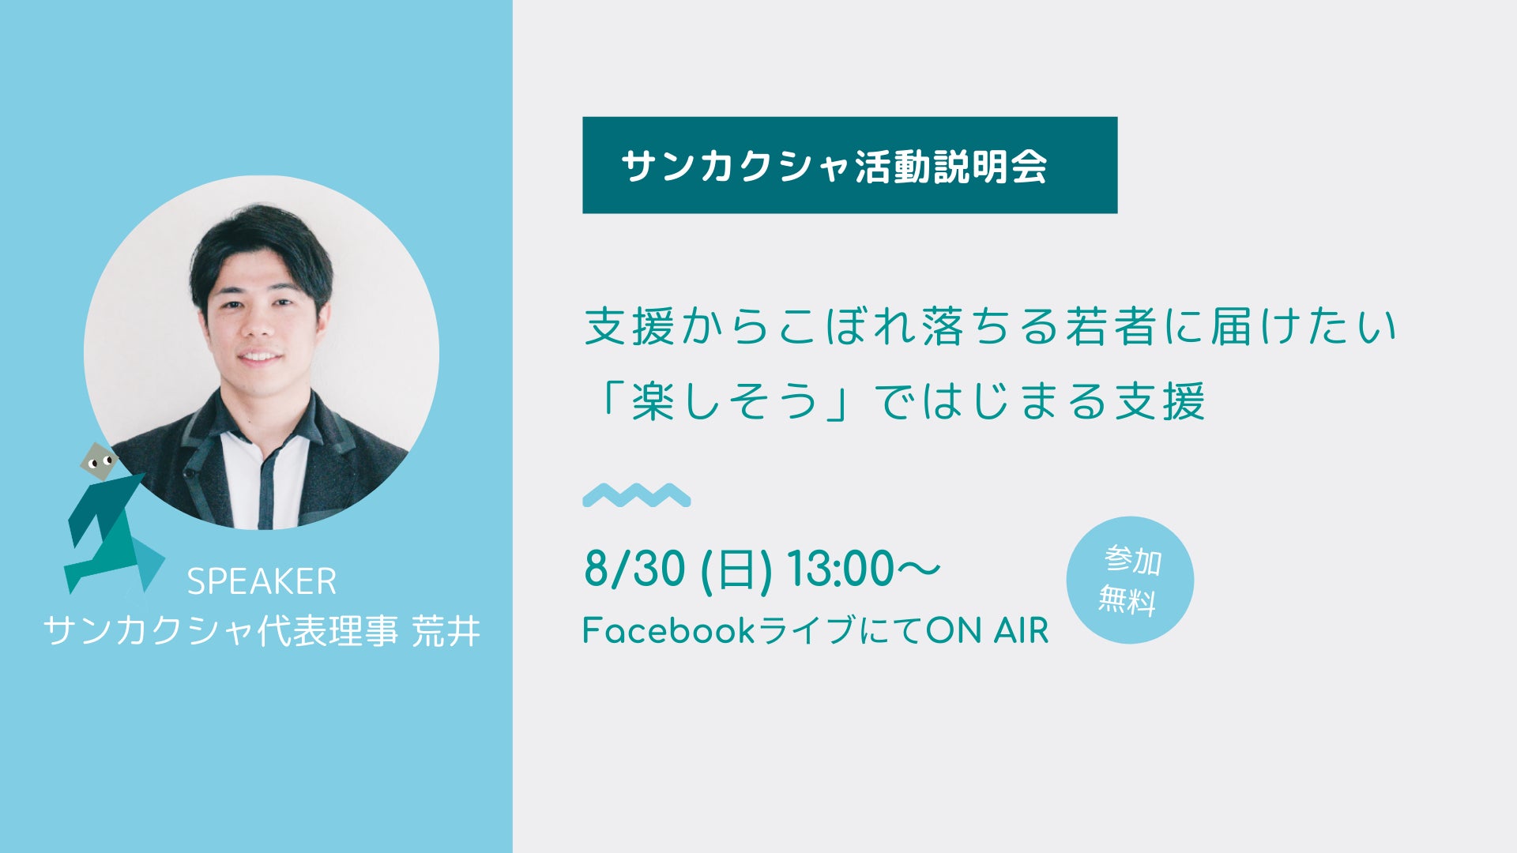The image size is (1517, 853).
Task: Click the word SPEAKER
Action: (x=262, y=582)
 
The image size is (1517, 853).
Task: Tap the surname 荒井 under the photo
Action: (x=446, y=631)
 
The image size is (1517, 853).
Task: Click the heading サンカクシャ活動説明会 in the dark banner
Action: (x=834, y=166)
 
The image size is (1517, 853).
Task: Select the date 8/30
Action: (x=634, y=569)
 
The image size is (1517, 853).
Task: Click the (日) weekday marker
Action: (x=736, y=569)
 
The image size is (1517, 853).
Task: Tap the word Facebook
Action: (x=668, y=630)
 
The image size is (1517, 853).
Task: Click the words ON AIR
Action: (x=987, y=630)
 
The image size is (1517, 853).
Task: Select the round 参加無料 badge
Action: (x=1130, y=580)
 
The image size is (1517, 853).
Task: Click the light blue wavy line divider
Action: (x=637, y=495)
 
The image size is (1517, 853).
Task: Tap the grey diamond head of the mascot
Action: (x=98, y=462)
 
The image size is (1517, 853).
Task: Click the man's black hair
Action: (x=261, y=245)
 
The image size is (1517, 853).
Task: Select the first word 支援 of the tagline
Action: (x=629, y=326)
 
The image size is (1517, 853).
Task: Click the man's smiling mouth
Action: (x=259, y=356)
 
